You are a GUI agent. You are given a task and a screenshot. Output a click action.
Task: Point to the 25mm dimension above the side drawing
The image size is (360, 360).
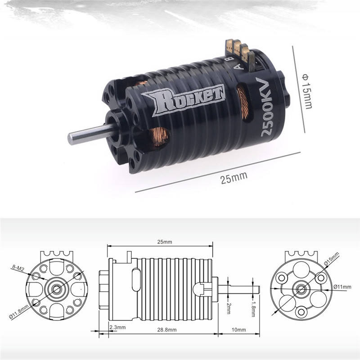160,242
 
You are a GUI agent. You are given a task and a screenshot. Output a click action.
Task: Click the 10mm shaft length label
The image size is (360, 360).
239,330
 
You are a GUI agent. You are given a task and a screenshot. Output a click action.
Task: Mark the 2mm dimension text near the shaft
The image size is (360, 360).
229,308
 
